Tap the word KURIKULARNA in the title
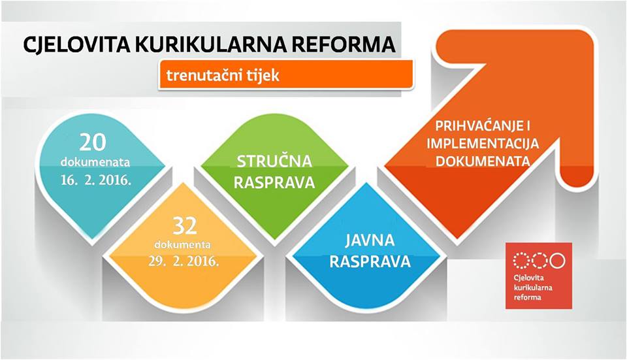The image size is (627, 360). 210,44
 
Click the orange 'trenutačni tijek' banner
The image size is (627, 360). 285,74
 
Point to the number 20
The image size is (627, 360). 93,142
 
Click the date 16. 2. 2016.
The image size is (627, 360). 96,180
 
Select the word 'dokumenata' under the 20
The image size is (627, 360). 95,163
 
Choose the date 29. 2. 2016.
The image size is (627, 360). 184,261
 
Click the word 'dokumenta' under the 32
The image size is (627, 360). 183,244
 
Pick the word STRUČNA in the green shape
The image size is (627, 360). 274,161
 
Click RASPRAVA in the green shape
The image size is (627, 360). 274,182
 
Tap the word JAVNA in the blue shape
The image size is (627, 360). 370,240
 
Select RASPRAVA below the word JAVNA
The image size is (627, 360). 370,261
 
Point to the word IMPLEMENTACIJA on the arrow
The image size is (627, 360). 483,143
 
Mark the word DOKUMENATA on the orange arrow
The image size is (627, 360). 483,161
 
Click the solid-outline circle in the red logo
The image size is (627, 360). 557,261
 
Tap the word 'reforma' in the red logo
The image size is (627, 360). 528,297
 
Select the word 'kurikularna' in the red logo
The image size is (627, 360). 533,287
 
